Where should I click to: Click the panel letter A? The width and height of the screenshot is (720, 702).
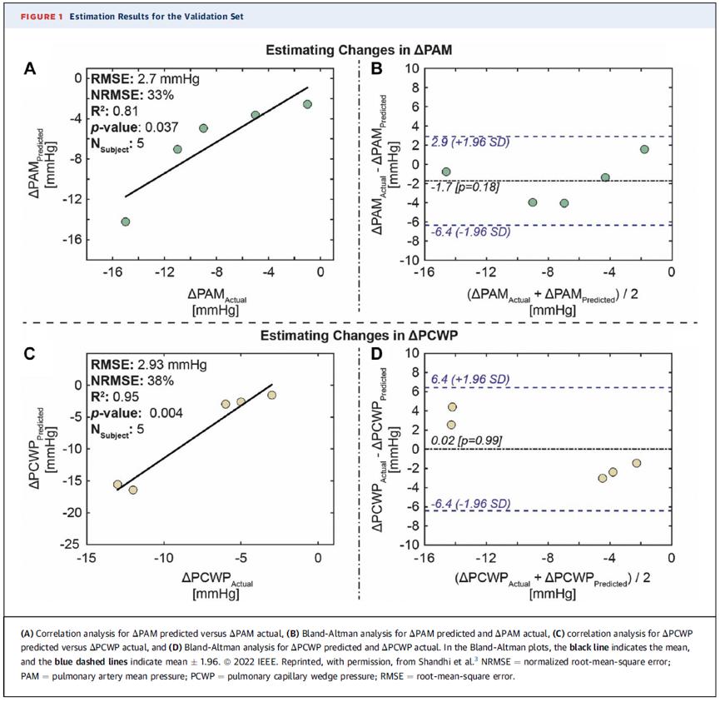click(x=30, y=68)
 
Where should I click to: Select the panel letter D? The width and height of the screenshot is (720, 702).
click(x=377, y=354)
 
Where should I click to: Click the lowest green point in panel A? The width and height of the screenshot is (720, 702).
click(x=126, y=222)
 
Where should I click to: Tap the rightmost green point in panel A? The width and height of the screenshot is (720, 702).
click(x=307, y=104)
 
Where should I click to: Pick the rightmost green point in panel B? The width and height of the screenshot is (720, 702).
click(x=644, y=149)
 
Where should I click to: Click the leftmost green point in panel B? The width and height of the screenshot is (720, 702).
click(x=446, y=172)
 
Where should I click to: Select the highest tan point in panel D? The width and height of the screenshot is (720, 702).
click(x=452, y=407)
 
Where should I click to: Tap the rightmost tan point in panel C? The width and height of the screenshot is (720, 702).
click(x=272, y=395)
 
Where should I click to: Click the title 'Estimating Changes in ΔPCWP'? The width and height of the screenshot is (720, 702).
click(x=359, y=336)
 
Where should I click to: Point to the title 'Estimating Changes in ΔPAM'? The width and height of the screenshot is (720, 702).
click(x=359, y=50)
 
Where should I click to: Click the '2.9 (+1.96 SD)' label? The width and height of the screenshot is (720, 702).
click(x=470, y=142)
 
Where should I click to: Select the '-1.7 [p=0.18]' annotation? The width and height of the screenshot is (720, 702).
click(x=465, y=187)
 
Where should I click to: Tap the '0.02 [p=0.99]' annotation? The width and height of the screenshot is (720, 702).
click(x=466, y=441)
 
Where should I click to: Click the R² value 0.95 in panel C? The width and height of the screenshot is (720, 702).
click(x=126, y=396)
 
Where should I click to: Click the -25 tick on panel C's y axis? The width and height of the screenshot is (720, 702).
click(x=70, y=545)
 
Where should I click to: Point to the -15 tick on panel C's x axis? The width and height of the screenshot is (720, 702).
click(x=87, y=558)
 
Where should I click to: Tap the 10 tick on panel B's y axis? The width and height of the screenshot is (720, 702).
click(x=412, y=68)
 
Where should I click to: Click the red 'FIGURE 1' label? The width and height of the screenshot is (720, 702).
click(x=42, y=17)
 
